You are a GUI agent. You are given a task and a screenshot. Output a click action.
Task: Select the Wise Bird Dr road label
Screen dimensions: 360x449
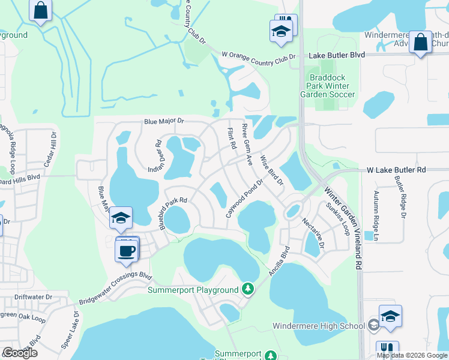[271, 170]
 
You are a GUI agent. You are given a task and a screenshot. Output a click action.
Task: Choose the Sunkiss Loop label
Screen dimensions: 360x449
[339, 218]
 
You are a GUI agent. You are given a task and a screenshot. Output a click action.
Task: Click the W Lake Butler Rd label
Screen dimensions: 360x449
[396, 170]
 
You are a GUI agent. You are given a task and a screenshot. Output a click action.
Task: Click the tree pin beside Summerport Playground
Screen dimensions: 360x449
[247, 289]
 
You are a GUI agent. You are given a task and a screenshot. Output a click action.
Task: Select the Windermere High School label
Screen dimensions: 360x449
[319, 326]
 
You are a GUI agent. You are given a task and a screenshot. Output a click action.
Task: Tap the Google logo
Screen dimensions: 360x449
[20, 353]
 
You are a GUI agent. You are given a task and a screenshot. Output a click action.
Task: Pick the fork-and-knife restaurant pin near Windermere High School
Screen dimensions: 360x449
[387, 350]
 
